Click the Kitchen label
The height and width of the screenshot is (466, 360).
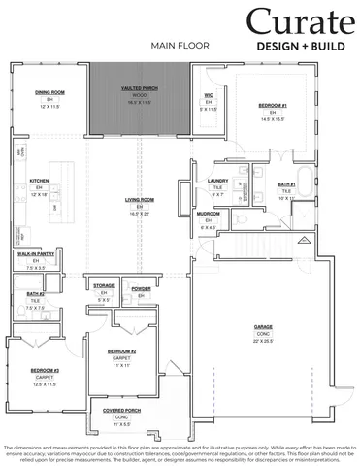tap(39, 181)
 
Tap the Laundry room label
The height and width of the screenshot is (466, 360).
tap(218, 180)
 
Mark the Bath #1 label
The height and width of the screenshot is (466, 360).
tap(286, 183)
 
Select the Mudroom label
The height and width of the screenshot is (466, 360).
tap(209, 214)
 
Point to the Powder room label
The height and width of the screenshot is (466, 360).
tap(141, 288)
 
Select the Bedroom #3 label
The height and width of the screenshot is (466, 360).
tap(44, 371)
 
